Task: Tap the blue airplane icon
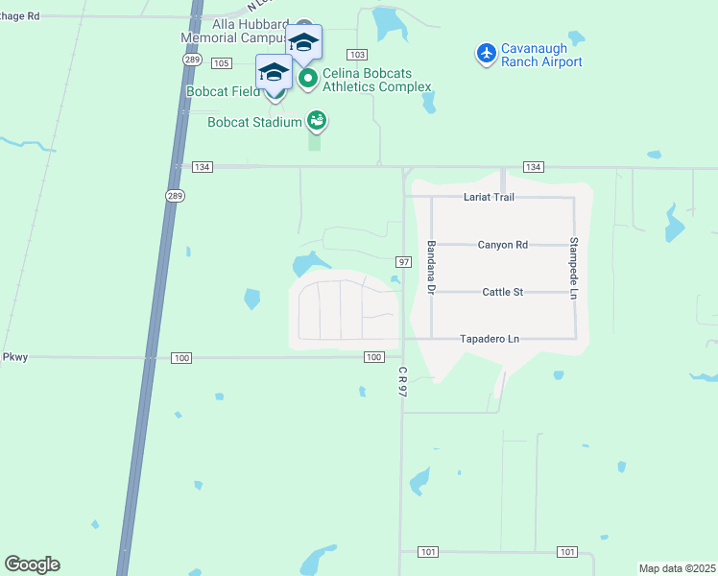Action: tap(487, 53)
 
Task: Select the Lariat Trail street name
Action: tap(489, 197)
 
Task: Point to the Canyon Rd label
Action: tap(502, 245)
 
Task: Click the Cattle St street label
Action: tap(502, 292)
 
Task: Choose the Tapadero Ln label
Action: tap(489, 339)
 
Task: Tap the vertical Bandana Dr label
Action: tap(432, 268)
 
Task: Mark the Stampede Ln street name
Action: tap(574, 266)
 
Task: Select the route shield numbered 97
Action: tap(403, 262)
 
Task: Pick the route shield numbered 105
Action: tap(222, 63)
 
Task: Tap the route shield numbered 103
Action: tap(358, 56)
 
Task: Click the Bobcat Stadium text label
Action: tap(254, 122)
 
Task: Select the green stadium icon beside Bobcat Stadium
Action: tap(316, 121)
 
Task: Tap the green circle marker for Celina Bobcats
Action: tap(308, 79)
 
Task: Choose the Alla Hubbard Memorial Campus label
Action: tap(234, 32)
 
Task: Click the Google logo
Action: tap(32, 564)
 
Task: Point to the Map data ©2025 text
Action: tap(678, 568)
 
